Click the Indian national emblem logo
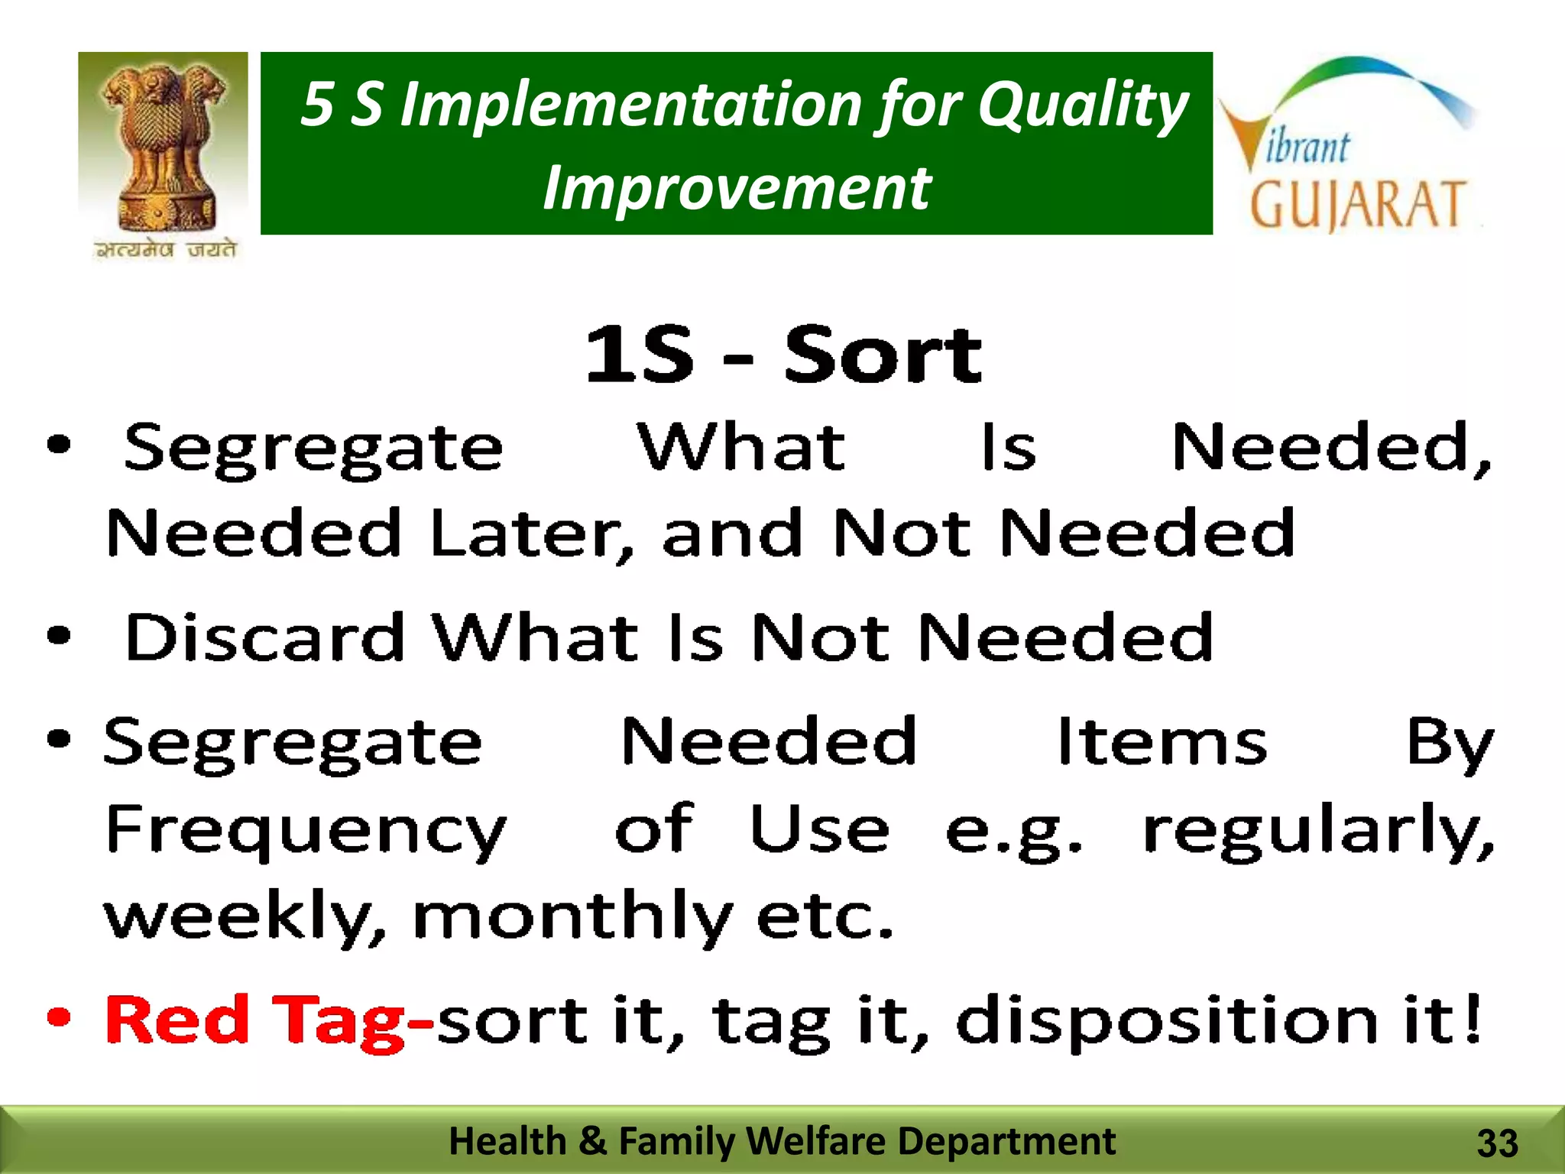coord(163,145)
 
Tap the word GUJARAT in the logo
coord(1357,204)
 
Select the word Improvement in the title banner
coord(737,188)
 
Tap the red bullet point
coord(59,1017)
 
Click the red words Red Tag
coord(255,1020)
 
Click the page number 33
coord(1497,1143)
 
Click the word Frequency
coord(306,831)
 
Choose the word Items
coord(1162,741)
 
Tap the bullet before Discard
coord(59,635)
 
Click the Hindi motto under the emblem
coord(165,250)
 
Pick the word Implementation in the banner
coord(631,105)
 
